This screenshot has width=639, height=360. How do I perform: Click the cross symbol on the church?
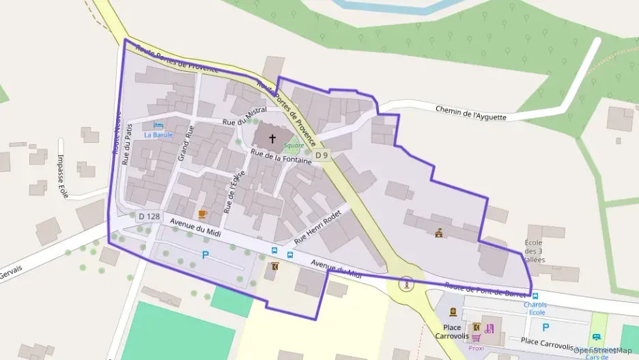point(272,139)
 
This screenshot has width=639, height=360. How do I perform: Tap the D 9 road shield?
point(322,156)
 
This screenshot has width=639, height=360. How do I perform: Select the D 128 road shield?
point(149,217)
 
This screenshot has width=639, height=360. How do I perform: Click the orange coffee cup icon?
point(202,214)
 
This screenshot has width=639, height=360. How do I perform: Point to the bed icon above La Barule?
point(158,125)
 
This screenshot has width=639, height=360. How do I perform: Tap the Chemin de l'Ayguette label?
point(471,113)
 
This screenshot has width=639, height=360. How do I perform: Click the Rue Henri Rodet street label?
point(317,227)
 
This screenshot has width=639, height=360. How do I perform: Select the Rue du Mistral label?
point(244,116)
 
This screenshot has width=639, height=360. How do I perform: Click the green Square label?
point(294,146)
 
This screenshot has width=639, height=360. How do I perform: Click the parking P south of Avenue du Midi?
point(205,255)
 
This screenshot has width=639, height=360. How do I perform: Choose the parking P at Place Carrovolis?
point(545,327)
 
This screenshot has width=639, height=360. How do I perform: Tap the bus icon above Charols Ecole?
point(535,296)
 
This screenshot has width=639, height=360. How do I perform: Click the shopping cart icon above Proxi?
point(476,337)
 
